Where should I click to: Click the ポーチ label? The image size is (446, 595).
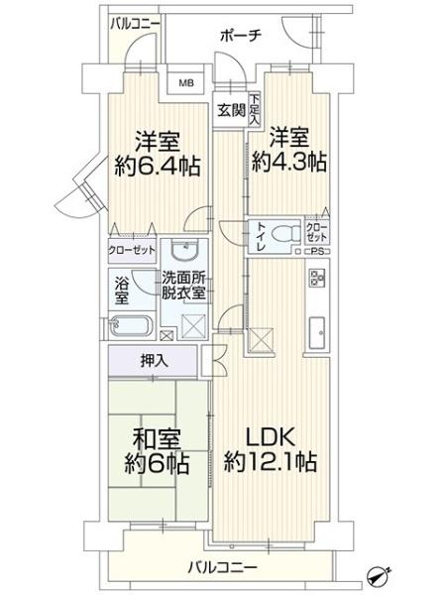[241, 36]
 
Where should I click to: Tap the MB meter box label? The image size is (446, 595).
[186, 82]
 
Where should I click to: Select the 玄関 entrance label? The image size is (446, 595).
[231, 110]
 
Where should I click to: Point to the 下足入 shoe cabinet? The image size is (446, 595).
[254, 110]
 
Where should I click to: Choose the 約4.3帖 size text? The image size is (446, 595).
[289, 162]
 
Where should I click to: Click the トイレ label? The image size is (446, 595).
[262, 236]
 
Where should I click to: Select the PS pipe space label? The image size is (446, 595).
[315, 251]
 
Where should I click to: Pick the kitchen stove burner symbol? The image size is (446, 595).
[315, 278]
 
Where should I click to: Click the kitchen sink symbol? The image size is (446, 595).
[316, 333]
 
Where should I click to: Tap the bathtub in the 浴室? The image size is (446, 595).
[131, 326]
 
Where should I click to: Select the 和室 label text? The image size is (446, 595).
[157, 439]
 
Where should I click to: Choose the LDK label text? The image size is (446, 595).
[271, 437]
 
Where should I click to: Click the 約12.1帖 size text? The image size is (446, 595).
[271, 462]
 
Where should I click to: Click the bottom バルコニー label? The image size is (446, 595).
[223, 568]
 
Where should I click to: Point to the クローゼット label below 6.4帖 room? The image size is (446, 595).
[132, 250]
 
